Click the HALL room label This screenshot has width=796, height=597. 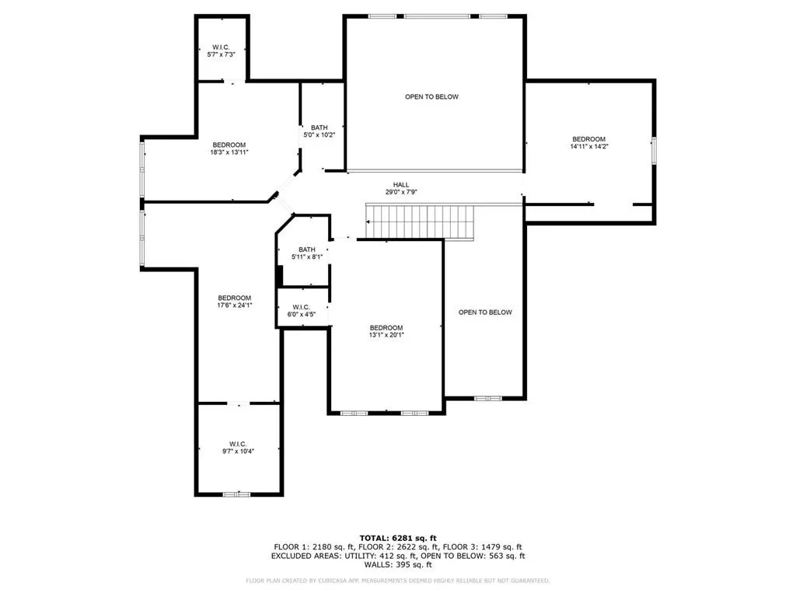pyautogui.click(x=401, y=185)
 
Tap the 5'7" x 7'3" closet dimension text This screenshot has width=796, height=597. pyautogui.click(x=222, y=54)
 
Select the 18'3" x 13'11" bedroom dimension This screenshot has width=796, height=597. pyautogui.click(x=229, y=152)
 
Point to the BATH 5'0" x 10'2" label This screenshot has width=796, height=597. pyautogui.click(x=319, y=131)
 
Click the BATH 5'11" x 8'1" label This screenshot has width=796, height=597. pyautogui.click(x=307, y=253)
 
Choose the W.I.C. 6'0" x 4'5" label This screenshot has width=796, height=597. pyautogui.click(x=302, y=311)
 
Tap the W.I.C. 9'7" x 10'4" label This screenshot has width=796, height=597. pyautogui.click(x=238, y=448)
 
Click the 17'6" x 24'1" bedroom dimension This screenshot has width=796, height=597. pyautogui.click(x=235, y=305)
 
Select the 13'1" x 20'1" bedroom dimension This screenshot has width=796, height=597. pyautogui.click(x=386, y=335)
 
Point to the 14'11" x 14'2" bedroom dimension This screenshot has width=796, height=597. pyautogui.click(x=589, y=146)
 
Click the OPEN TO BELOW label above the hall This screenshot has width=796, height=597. pyautogui.click(x=432, y=96)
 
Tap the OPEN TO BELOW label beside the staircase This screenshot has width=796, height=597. pyautogui.click(x=485, y=312)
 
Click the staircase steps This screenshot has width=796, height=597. pyautogui.click(x=421, y=222)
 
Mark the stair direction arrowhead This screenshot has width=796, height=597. pyautogui.click(x=368, y=222)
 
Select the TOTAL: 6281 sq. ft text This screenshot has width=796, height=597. pyautogui.click(x=398, y=538)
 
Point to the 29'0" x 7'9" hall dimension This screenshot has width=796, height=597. pyautogui.click(x=401, y=192)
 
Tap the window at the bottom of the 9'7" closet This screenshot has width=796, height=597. pyautogui.click(x=236, y=494)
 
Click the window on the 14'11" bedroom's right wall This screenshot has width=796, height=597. pyautogui.click(x=654, y=150)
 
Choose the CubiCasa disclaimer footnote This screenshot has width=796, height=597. pyautogui.click(x=398, y=580)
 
